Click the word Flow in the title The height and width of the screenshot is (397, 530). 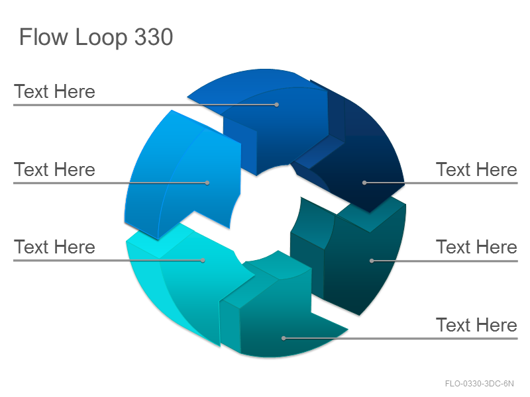click(43, 37)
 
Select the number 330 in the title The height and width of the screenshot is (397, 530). click(154, 37)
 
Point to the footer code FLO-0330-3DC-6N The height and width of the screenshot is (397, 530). click(479, 384)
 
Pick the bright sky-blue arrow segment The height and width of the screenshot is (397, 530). click(189, 175)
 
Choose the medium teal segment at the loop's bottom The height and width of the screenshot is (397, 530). click(280, 314)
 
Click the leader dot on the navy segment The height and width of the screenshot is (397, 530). click(364, 183)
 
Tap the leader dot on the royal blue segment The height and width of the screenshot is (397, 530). click(276, 105)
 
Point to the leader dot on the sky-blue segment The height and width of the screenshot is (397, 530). click(207, 183)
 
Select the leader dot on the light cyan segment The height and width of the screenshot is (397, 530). click(203, 260)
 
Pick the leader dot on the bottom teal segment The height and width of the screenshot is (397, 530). click(284, 338)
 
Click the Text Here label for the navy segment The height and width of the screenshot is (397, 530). click(476, 169)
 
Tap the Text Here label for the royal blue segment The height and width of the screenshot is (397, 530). click(54, 91)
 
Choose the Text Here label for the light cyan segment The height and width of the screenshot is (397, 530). click(54, 247)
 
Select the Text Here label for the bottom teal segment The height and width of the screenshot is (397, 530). click(476, 325)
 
